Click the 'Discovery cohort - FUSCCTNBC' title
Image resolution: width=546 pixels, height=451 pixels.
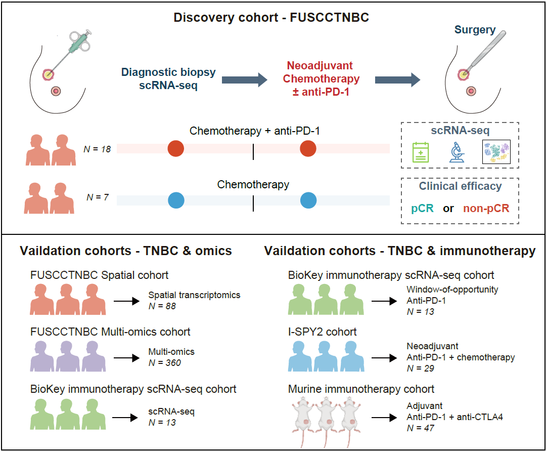pyautogui.click(x=271, y=18)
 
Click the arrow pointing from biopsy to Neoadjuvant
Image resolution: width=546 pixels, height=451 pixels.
pyautogui.click(x=244, y=79)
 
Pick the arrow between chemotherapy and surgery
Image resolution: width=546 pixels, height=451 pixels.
pyautogui.click(x=397, y=79)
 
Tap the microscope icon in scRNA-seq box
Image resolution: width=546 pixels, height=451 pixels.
pyautogui.click(x=457, y=152)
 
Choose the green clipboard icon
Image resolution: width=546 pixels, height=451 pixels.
pyautogui.click(x=421, y=152)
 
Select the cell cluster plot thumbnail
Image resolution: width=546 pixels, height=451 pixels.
pyautogui.click(x=496, y=152)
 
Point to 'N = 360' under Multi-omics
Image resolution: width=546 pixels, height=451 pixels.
pyautogui.click(x=165, y=362)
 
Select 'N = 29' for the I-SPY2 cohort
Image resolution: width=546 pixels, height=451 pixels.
pyautogui.click(x=421, y=368)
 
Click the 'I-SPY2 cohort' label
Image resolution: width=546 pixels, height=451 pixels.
pyautogui.click(x=323, y=333)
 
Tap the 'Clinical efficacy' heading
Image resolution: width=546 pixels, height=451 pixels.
pyautogui.click(x=460, y=186)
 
